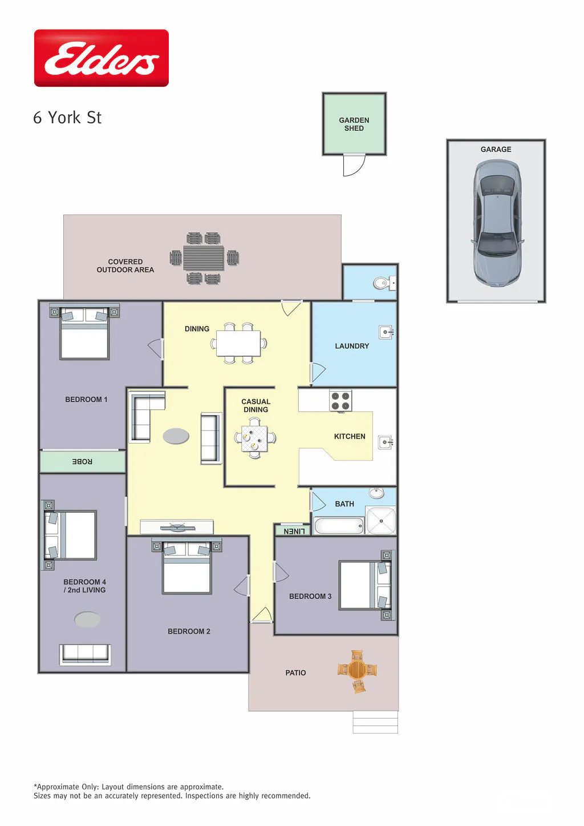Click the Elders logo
click(x=102, y=58)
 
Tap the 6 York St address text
click(x=67, y=118)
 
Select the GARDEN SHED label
click(x=354, y=124)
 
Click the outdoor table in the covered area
click(x=204, y=258)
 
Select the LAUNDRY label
click(x=352, y=346)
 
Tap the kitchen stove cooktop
click(x=340, y=401)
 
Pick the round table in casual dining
click(x=254, y=438)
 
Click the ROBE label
click(x=82, y=461)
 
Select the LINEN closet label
click(x=294, y=531)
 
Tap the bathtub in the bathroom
click(x=339, y=526)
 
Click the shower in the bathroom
click(x=381, y=520)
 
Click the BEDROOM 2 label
click(x=189, y=631)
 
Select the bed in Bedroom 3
click(x=366, y=586)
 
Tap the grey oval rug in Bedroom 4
click(x=87, y=619)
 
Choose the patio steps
click(x=375, y=722)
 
